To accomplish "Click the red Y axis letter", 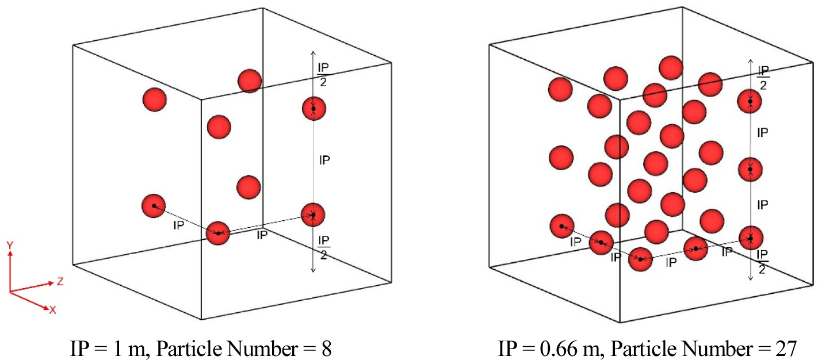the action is [10, 245].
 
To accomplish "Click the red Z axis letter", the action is [60, 281].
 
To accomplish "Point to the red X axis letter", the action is [53, 311].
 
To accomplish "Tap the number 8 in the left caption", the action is [327, 348].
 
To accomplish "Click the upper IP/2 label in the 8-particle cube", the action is [323, 75].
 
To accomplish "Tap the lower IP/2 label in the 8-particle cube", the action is [324, 247].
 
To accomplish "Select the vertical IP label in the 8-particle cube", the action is [324, 160].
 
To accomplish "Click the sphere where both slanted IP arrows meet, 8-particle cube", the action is [218, 233].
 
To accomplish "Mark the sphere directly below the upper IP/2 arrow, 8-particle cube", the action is [314, 109].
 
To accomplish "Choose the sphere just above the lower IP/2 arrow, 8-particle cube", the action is [313, 215].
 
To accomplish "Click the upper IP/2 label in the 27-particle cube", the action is [763, 78].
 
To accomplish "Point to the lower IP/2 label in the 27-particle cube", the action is [763, 262].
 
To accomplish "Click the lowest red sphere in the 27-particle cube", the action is [640, 259].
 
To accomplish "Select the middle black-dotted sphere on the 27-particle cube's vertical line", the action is [750, 170].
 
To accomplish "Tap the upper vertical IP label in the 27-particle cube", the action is [763, 132].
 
